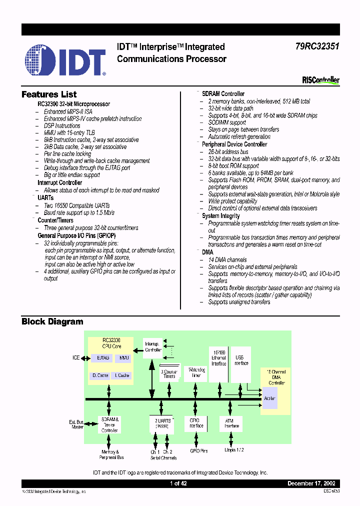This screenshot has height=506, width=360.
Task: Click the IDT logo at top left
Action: (x=65, y=60)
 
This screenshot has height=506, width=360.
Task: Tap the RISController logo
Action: (x=320, y=80)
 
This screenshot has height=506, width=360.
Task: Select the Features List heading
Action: (x=49, y=94)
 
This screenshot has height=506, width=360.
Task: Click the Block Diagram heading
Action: (x=52, y=321)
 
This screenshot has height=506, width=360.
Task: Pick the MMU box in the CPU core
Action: (x=122, y=358)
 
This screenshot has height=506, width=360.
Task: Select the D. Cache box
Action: (x=100, y=375)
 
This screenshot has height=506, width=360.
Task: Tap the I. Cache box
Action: (x=122, y=375)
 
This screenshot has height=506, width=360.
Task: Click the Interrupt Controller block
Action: (x=153, y=347)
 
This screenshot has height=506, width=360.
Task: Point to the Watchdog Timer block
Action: (x=196, y=372)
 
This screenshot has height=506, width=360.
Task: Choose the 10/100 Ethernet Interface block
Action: (x=218, y=358)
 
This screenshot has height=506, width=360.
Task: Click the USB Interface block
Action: (x=241, y=360)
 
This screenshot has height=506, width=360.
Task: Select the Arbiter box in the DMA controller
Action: (x=270, y=398)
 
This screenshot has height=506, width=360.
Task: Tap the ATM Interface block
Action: (x=229, y=423)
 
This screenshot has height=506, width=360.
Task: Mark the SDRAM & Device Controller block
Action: (x=109, y=424)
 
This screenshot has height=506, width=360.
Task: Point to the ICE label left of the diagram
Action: (x=75, y=358)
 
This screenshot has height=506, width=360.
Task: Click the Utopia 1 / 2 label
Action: (x=234, y=450)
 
